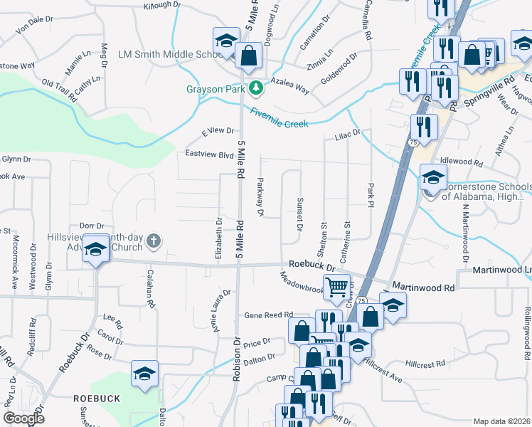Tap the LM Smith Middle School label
(171, 54)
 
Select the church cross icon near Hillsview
(153, 242)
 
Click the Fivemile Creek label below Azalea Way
(279, 118)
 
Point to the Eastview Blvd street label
(209, 154)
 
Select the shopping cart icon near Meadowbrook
(338, 287)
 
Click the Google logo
(23, 418)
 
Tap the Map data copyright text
(502, 421)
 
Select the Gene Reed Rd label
(269, 315)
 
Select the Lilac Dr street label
(349, 133)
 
